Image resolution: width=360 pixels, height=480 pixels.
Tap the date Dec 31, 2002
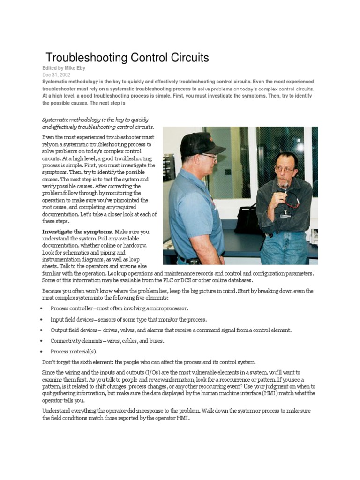[x=56, y=75]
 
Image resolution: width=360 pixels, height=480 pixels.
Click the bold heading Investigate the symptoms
[x=77, y=232]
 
